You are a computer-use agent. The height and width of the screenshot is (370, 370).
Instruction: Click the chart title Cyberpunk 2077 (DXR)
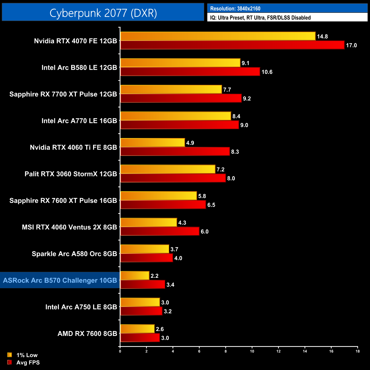[103, 13]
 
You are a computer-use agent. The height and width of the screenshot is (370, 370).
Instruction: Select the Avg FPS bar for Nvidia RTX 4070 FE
[232, 45]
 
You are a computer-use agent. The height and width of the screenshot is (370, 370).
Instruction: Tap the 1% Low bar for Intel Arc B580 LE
[180, 63]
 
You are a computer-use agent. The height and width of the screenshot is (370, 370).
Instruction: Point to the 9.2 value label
[247, 98]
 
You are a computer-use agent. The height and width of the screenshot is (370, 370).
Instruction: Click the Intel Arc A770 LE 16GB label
[79, 121]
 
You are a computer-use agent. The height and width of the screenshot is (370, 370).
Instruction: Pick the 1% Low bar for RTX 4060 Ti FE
[153, 143]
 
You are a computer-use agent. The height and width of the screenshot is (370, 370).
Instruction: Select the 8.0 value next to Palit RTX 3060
[231, 178]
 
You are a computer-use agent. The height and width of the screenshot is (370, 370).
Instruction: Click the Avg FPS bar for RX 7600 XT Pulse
[163, 205]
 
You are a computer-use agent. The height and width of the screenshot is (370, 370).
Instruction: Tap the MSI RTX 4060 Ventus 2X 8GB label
[69, 227]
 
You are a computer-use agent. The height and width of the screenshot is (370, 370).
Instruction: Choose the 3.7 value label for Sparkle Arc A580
[174, 249]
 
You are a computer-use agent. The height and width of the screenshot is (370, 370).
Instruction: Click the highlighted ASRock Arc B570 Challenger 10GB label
[60, 280]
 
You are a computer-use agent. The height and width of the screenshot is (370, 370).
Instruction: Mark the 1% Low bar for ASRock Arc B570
[135, 276]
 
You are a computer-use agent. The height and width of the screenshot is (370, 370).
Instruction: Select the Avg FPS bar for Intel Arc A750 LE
[141, 311]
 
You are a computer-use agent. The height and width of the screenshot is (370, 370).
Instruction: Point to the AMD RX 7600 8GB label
[87, 334]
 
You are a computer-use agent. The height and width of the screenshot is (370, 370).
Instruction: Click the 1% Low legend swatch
[10, 355]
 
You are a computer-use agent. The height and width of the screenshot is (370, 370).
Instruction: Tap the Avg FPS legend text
[28, 363]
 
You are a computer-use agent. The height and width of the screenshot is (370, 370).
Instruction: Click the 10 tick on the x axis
[252, 351]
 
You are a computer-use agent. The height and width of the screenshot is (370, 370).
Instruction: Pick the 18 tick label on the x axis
[357, 351]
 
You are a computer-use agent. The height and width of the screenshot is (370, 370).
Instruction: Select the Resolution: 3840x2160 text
[235, 9]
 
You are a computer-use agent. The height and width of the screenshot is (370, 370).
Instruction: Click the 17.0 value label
[351, 45]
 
